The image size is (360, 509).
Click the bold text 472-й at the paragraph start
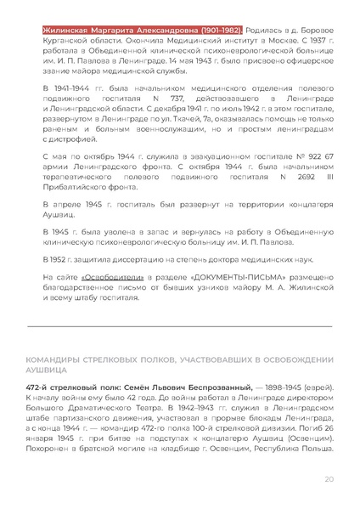pyautogui.click(x=42, y=387)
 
